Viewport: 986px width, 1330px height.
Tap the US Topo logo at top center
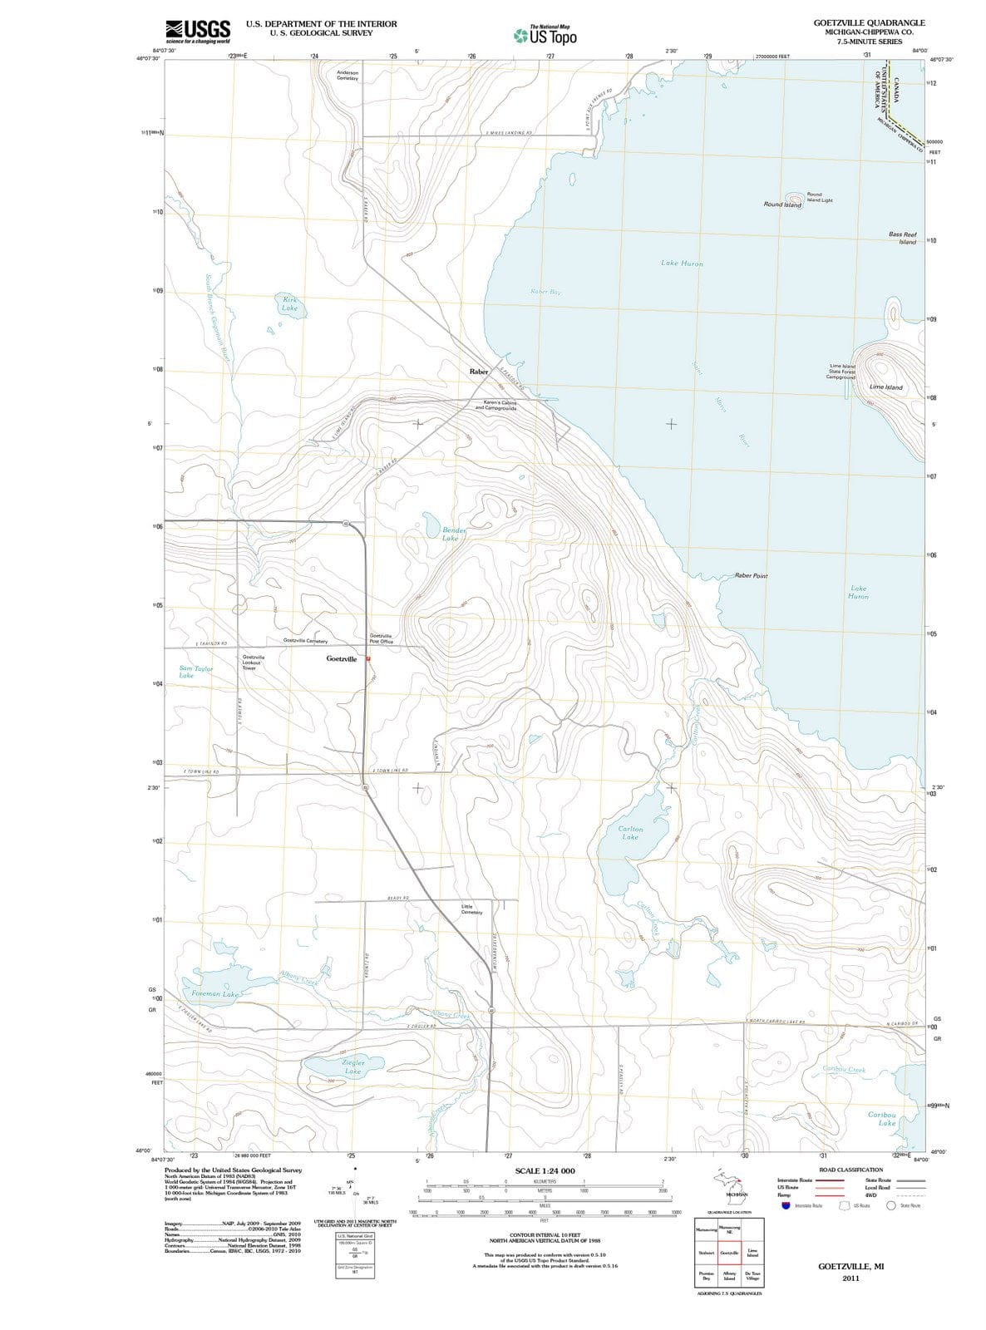(x=545, y=35)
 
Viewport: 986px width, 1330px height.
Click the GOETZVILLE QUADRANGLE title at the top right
(x=869, y=22)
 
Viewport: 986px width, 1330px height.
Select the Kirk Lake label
(x=289, y=303)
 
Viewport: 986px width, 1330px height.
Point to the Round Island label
(x=782, y=204)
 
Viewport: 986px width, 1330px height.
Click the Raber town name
(x=479, y=372)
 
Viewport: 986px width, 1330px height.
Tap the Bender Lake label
(x=453, y=534)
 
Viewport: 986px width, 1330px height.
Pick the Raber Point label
(x=751, y=575)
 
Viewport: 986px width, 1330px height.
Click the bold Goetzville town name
(x=342, y=658)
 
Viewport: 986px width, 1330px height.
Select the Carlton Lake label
(x=630, y=833)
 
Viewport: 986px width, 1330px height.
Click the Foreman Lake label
(x=214, y=993)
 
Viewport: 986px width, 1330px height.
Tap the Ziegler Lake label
(x=353, y=1066)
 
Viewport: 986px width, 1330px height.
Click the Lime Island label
(x=885, y=387)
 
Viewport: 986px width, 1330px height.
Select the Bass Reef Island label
(x=903, y=238)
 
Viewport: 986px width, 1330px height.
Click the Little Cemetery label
(x=471, y=909)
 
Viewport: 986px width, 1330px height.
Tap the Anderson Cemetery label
(x=348, y=76)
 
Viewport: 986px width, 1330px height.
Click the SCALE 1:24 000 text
(x=545, y=1170)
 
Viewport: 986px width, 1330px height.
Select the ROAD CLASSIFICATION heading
(x=850, y=1169)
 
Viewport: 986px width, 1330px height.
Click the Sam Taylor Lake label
(x=196, y=672)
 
